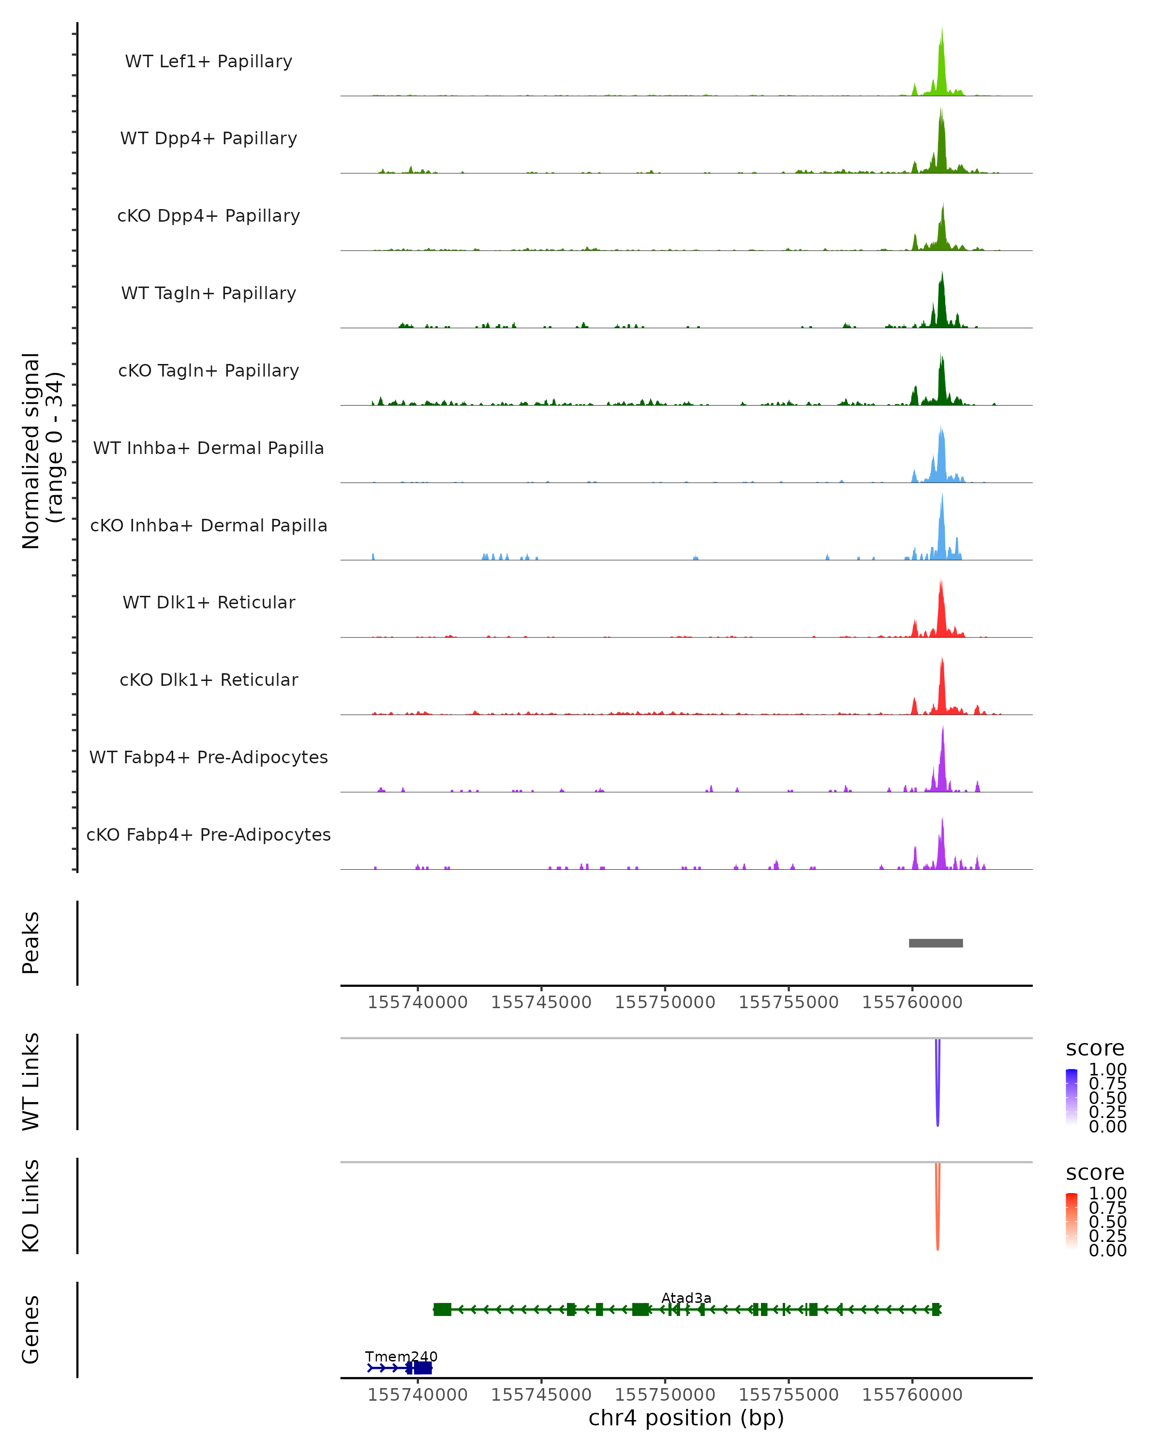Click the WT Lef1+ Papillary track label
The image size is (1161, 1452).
208,61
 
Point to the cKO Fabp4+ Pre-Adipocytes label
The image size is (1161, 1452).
208,834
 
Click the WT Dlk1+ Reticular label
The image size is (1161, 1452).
208,602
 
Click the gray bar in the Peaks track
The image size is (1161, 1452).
936,943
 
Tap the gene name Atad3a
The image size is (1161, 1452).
686,1298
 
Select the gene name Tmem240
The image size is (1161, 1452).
401,1356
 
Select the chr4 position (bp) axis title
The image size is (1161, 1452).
686,1418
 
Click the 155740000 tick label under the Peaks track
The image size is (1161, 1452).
417,1002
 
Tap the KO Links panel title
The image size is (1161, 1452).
30,1206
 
